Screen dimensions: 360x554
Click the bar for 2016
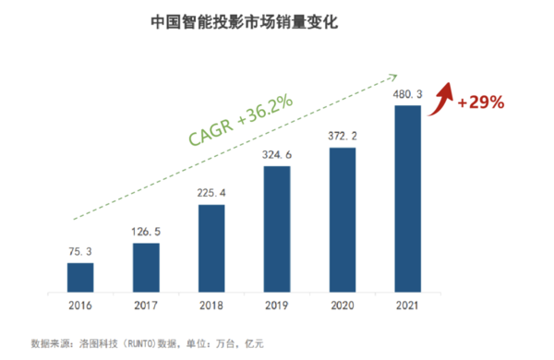(80, 276)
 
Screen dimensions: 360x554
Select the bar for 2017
(146, 266)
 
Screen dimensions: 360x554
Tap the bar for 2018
(211, 246)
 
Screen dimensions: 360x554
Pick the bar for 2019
(277, 227)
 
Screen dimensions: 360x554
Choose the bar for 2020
(343, 218)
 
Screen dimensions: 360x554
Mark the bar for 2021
(407, 197)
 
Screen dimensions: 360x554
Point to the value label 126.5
(146, 230)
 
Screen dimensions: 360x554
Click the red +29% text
(480, 102)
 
